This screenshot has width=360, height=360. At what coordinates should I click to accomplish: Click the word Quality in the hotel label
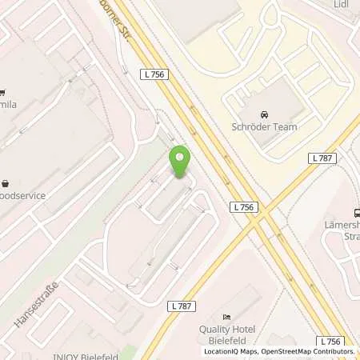pos(214,329)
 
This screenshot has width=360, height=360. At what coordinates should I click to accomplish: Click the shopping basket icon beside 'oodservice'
pos(4,183)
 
